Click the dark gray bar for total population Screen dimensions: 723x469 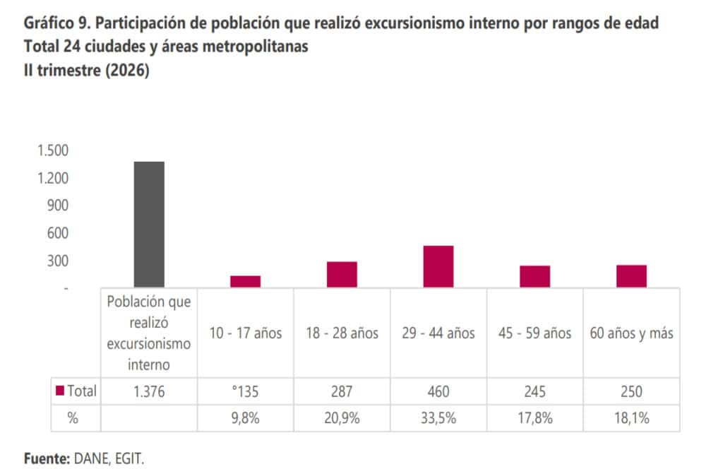click(x=149, y=225)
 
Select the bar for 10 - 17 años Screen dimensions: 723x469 click(x=245, y=282)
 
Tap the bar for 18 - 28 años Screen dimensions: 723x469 click(x=342, y=275)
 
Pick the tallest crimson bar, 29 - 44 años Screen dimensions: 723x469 click(x=438, y=266)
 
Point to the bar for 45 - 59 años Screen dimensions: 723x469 click(x=535, y=277)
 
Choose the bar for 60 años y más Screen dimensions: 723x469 click(x=631, y=276)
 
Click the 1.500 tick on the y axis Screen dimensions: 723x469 click(x=53, y=150)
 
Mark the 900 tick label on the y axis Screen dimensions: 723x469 click(x=58, y=206)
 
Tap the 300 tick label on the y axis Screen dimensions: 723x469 click(x=58, y=261)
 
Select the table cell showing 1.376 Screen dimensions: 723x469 click(x=149, y=391)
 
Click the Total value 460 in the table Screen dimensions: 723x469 click(x=438, y=391)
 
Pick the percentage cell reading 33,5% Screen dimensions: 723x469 click(x=438, y=418)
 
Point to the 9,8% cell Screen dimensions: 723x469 click(x=245, y=418)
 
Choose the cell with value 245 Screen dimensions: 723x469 click(x=535, y=391)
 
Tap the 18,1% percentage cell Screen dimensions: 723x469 click(x=632, y=418)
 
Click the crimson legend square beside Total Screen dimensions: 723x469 click(x=59, y=391)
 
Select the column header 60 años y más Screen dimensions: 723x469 click(x=631, y=333)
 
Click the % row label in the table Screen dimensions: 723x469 click(x=73, y=418)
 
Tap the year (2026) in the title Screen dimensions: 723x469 click(x=127, y=71)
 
